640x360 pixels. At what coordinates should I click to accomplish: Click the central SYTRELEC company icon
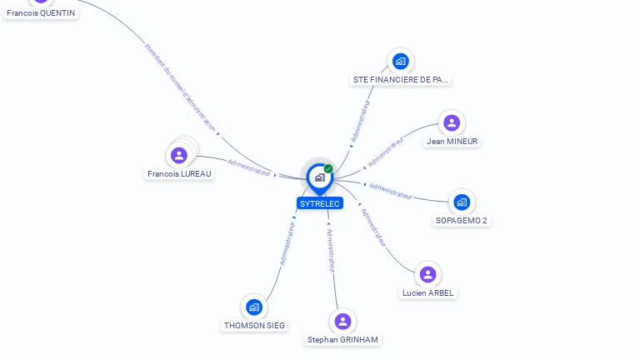click(x=319, y=177)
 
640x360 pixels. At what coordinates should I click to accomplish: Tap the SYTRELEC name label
click(x=320, y=203)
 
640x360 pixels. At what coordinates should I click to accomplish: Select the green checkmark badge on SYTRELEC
click(x=328, y=168)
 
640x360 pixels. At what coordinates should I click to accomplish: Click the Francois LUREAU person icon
click(x=179, y=155)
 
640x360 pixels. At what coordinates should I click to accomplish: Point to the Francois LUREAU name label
click(x=179, y=174)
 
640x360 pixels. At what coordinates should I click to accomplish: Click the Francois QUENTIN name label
click(x=41, y=13)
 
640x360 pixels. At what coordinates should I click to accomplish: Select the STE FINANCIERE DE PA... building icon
click(x=401, y=61)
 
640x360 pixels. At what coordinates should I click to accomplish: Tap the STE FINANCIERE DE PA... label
click(x=401, y=80)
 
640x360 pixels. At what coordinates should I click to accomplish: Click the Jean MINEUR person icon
click(x=452, y=123)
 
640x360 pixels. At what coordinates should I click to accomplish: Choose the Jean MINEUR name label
click(x=452, y=142)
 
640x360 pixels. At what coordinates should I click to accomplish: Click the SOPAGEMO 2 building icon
click(x=462, y=202)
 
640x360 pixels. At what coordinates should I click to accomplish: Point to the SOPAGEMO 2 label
click(x=462, y=221)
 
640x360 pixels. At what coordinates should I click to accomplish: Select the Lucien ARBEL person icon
click(x=427, y=274)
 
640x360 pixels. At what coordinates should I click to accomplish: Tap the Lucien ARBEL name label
click(x=427, y=293)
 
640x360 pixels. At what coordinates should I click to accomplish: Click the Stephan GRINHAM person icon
click(x=342, y=321)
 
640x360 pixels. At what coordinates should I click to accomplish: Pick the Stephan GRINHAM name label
click(x=342, y=340)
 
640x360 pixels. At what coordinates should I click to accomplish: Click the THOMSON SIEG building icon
click(x=254, y=307)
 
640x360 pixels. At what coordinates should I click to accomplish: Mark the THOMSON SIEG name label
click(x=254, y=326)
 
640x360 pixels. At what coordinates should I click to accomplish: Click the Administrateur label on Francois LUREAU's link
click(x=249, y=167)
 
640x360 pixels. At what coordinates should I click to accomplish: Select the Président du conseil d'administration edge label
click(x=181, y=88)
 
